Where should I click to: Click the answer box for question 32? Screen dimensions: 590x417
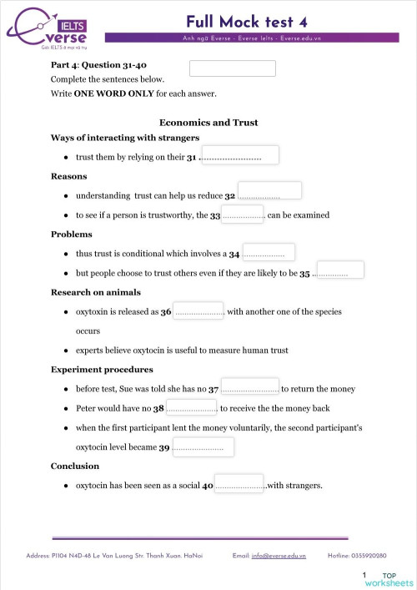(269, 191)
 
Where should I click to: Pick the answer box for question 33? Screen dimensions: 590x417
(243, 214)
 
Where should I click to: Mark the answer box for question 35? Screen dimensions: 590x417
(340, 270)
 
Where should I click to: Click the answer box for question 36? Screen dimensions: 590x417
(198, 310)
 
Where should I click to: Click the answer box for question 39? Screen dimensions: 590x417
(203, 447)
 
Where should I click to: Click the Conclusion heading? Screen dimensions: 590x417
(75, 466)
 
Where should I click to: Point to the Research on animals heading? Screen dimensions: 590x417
(96, 292)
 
